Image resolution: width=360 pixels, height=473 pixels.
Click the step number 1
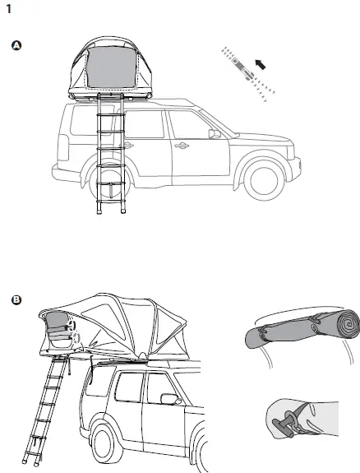(8, 9)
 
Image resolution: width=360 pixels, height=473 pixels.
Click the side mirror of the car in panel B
(171, 399)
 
